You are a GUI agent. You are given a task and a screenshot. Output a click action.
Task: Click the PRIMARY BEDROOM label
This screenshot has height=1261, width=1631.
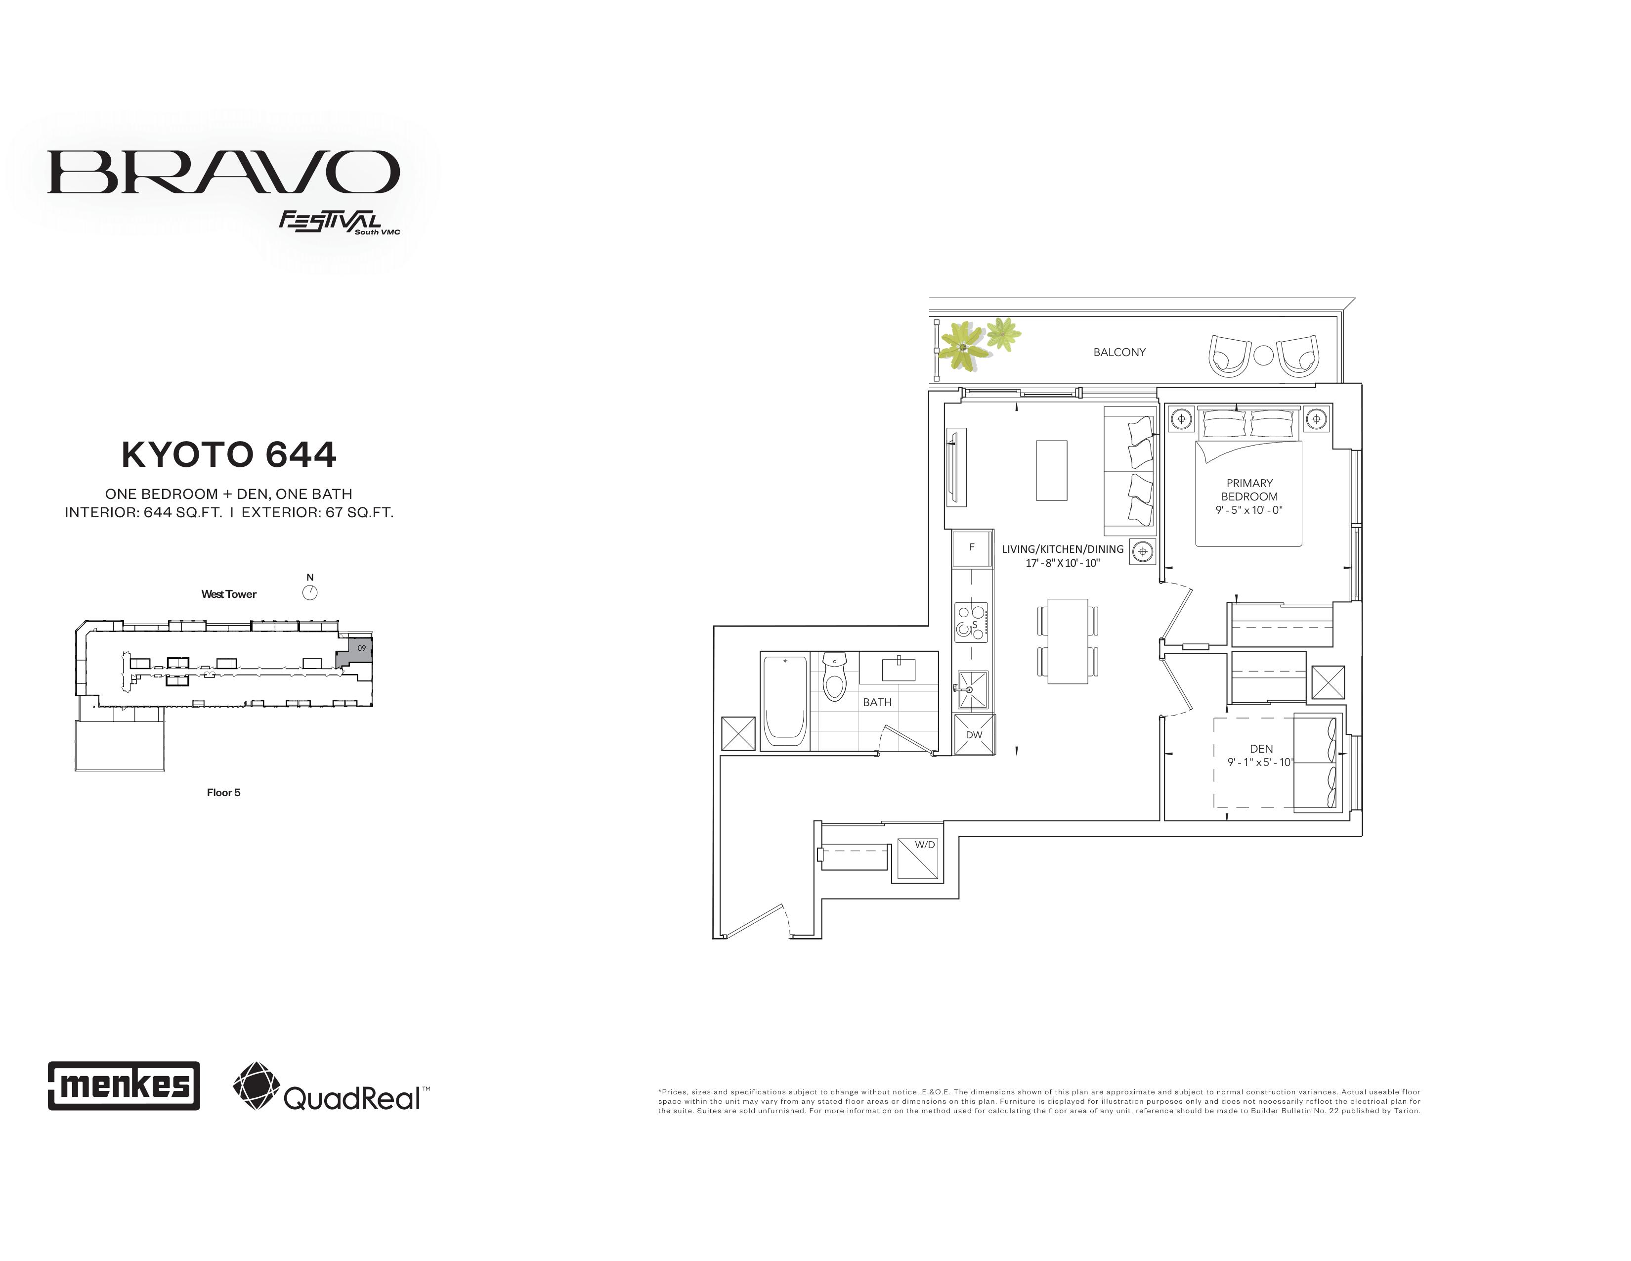(1249, 489)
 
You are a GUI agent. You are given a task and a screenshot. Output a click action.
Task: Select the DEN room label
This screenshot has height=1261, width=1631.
(1261, 749)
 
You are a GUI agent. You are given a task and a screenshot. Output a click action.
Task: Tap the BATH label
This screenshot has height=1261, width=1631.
(877, 702)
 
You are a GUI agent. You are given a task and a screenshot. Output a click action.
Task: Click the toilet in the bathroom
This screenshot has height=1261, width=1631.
(834, 676)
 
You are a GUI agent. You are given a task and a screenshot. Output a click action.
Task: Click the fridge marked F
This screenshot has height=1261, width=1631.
(972, 547)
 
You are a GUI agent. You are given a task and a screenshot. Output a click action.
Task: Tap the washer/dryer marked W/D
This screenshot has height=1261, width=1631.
(918, 861)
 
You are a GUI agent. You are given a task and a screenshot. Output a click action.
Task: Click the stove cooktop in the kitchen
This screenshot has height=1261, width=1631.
(971, 622)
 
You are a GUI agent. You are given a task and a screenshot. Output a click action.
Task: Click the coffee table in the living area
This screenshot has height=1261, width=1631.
(1051, 470)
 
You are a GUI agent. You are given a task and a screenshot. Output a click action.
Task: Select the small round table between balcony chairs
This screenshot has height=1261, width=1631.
(1263, 356)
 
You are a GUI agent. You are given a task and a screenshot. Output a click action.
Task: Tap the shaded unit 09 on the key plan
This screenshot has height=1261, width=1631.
(355, 651)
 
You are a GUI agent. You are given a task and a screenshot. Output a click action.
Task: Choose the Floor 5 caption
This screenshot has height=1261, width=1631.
(223, 793)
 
